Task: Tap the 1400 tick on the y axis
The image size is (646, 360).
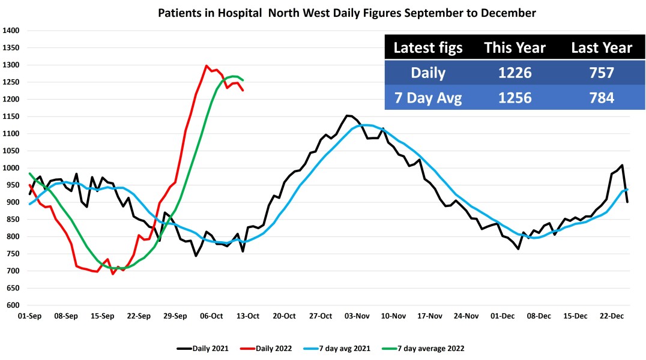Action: click(x=11, y=31)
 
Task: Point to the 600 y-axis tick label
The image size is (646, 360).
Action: click(x=13, y=305)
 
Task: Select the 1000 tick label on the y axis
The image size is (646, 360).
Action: click(x=11, y=168)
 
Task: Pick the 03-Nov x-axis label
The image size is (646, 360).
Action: click(x=357, y=316)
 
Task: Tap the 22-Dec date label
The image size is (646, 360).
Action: click(x=612, y=316)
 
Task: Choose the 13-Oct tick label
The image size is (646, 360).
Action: click(x=248, y=316)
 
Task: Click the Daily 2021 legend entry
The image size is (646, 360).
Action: click(x=202, y=347)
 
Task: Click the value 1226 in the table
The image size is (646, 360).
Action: click(x=515, y=73)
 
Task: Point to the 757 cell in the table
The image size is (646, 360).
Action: click(x=602, y=73)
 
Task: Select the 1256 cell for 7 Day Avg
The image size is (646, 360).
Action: click(x=515, y=98)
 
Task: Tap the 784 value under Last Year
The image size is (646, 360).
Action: click(x=602, y=98)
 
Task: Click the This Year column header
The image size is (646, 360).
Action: click(x=515, y=48)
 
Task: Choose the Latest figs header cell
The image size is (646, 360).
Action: click(x=428, y=48)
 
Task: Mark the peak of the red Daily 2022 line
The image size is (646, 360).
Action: click(x=207, y=66)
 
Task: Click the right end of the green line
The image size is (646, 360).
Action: click(x=243, y=80)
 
